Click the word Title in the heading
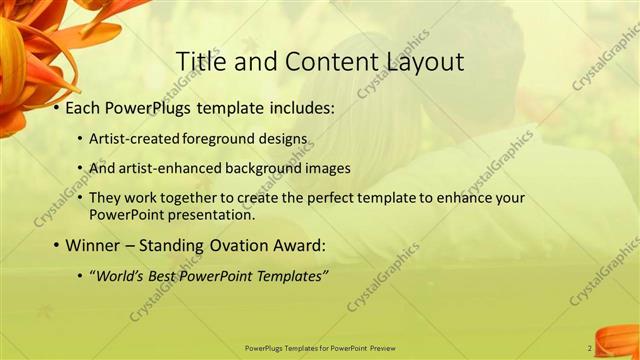tap(198, 62)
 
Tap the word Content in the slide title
tap(325, 62)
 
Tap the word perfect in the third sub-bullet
tap(317, 198)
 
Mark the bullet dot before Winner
tap(56, 245)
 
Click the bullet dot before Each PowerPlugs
tap(56, 108)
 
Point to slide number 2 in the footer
tap(590, 348)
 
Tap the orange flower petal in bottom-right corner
tap(618, 340)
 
